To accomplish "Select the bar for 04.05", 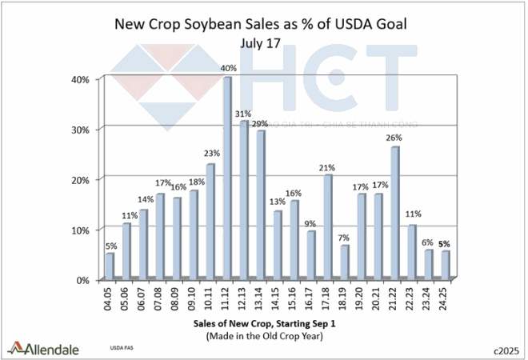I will [110, 265].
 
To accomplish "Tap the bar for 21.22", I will [395, 212].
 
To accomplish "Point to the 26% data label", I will [394, 138].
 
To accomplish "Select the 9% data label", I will [311, 223].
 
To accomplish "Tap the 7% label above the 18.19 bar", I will [345, 238].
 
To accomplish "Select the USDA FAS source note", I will [120, 350].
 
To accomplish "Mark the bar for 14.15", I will [278, 244].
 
